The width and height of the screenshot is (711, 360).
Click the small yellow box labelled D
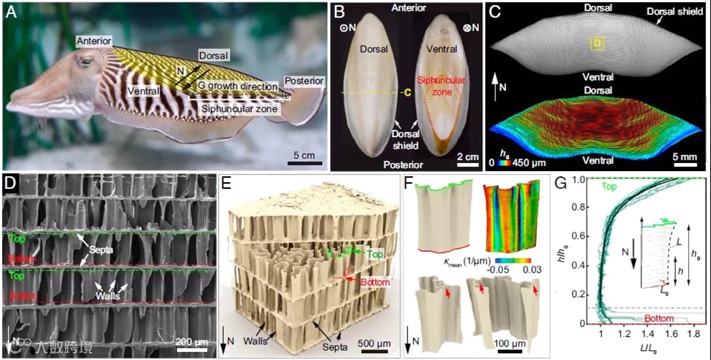595,45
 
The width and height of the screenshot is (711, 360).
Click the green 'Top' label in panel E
375,253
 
